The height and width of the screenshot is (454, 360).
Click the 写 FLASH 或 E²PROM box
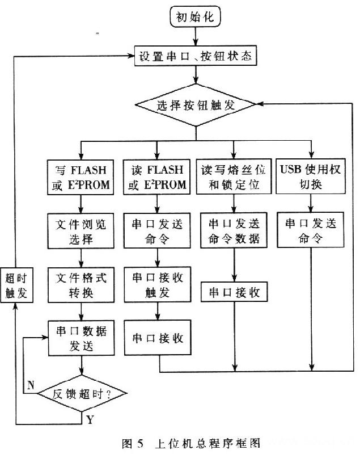81,177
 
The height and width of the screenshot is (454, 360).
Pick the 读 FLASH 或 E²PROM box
157,177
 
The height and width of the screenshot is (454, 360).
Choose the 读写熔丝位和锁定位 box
234,177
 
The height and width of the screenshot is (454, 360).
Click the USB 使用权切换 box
311,177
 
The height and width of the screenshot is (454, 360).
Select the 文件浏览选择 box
81,230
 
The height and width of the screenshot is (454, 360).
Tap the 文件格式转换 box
81,286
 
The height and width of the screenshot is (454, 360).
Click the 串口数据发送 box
81,339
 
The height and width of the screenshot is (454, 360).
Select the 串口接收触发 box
157,286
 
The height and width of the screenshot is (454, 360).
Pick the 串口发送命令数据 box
234,230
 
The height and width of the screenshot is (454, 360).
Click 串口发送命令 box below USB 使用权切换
311,230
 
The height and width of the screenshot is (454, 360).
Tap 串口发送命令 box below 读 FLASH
157,230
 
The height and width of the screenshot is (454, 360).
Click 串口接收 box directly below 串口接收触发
157,338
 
